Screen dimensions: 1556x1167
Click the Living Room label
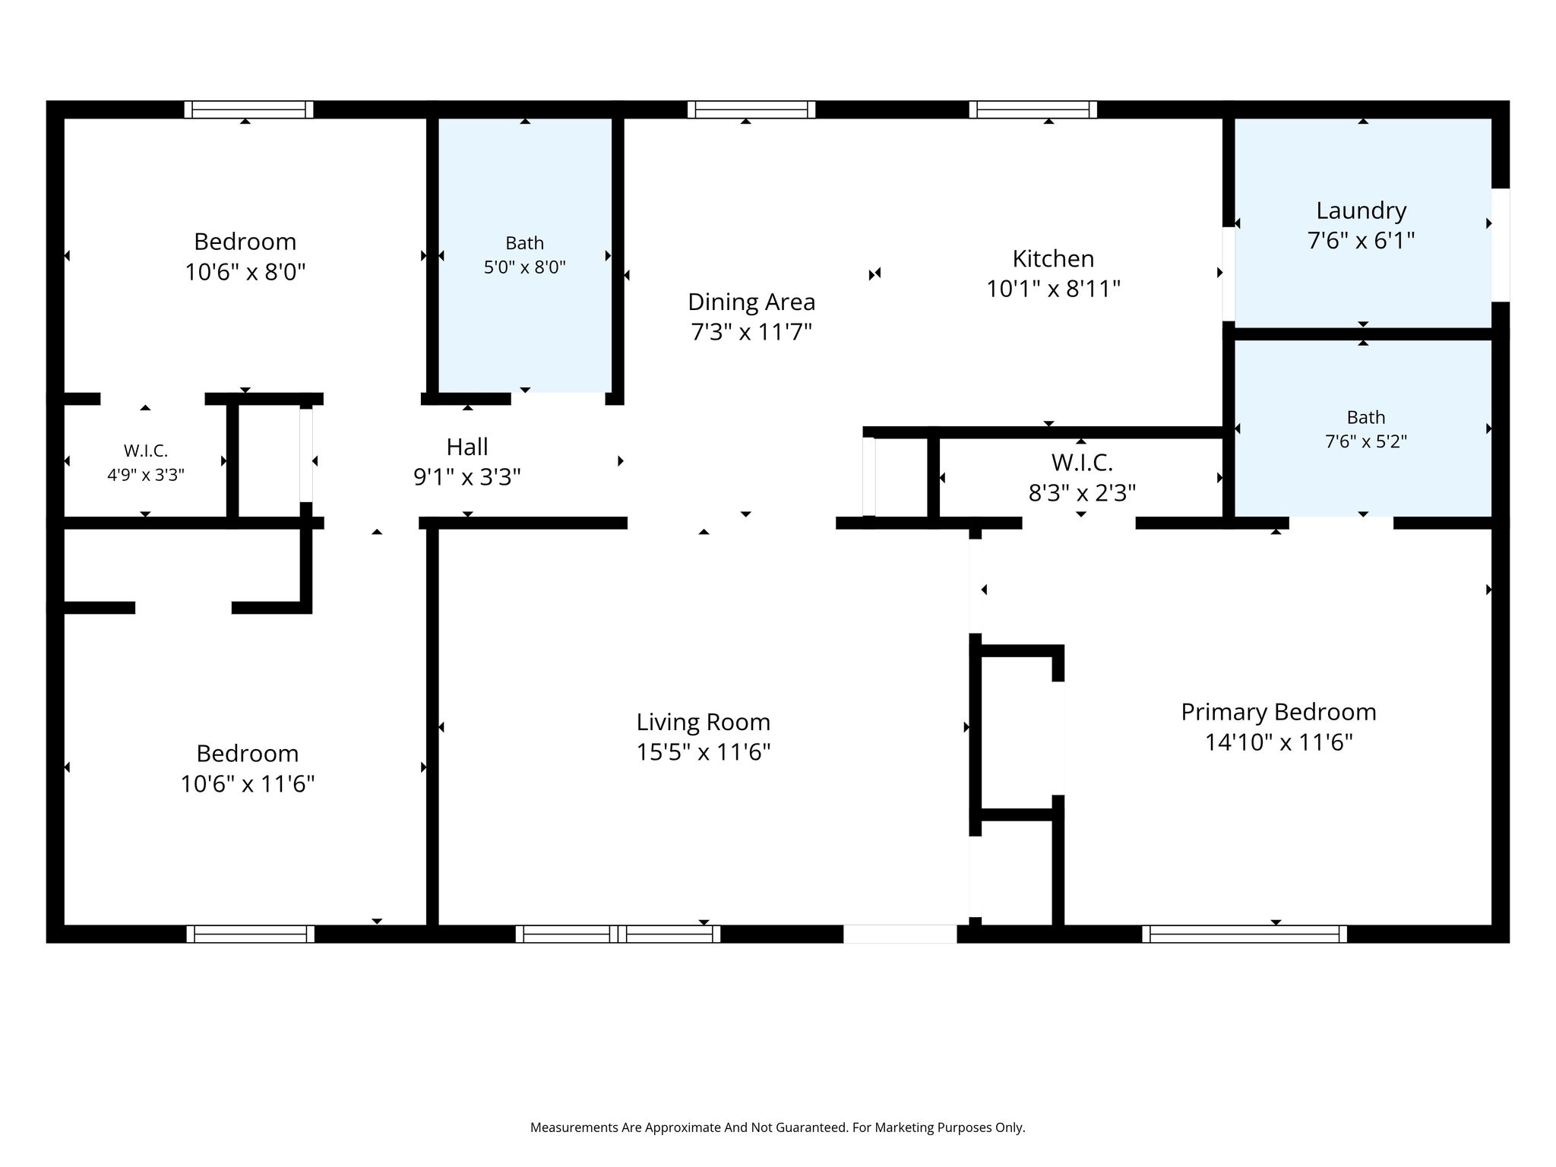coord(703,721)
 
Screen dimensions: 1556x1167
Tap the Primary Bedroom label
coord(1279,712)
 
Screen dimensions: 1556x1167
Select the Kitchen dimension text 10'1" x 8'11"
coord(1053,289)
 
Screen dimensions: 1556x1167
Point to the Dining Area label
coord(751,302)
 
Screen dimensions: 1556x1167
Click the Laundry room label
coord(1361,210)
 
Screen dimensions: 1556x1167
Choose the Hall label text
coord(466,447)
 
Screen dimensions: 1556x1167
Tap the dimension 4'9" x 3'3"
coord(146,475)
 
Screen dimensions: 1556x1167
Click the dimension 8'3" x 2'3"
coord(1082,493)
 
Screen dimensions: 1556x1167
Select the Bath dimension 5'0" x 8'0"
coord(525,267)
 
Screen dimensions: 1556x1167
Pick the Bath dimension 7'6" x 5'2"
coord(1366,441)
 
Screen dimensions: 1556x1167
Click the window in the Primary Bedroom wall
coord(1244,934)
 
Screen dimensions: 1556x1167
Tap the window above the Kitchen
coord(1033,109)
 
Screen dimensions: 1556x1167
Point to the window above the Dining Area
coord(751,109)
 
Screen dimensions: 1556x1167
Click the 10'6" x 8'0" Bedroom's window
coord(248,109)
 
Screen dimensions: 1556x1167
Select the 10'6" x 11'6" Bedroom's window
coord(251,934)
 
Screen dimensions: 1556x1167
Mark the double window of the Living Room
coord(618,934)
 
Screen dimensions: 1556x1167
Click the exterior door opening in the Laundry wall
coord(1500,245)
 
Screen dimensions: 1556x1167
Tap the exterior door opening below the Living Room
coord(900,934)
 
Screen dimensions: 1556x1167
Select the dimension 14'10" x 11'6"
coord(1279,742)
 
